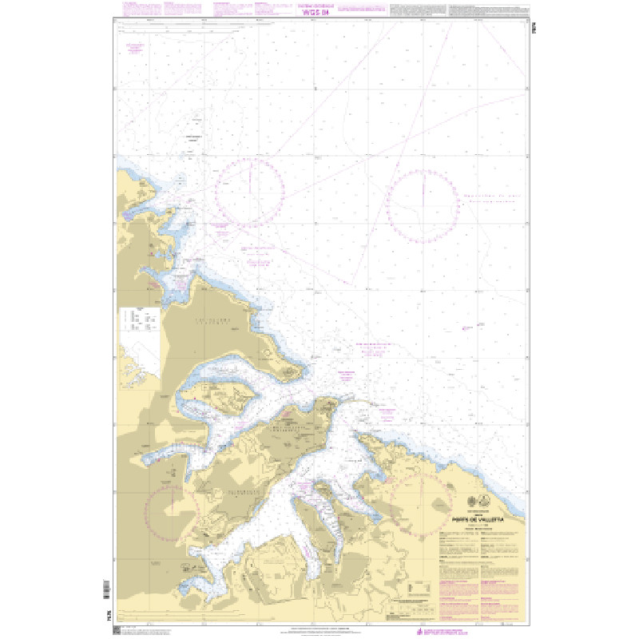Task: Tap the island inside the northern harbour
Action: tap(216, 396)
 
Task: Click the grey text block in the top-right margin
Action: tap(487, 10)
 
